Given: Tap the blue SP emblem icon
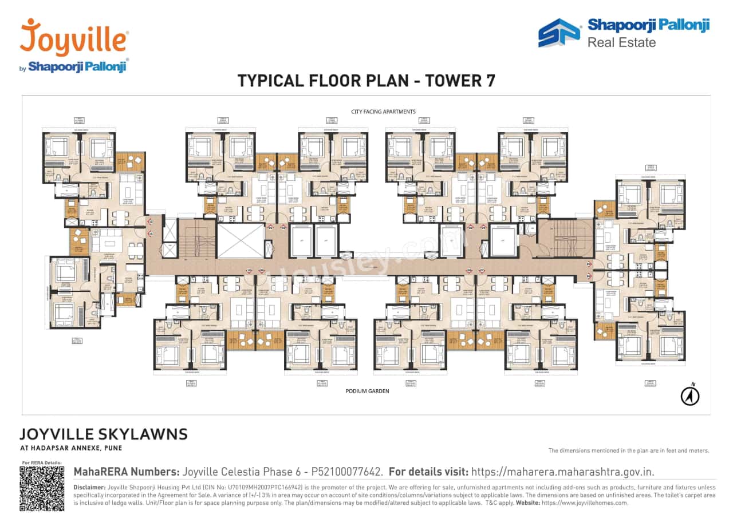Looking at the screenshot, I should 559,33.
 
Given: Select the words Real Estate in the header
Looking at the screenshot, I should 621,42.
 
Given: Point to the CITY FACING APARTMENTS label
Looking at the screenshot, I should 383,112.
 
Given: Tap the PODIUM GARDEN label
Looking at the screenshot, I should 367,391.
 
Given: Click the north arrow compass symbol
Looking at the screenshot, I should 690,396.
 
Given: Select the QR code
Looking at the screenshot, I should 42,488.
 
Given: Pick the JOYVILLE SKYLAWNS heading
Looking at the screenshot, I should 104,434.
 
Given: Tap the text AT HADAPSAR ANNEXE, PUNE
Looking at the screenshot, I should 71,448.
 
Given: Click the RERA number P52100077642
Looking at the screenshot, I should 346,472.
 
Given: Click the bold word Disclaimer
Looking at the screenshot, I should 89,487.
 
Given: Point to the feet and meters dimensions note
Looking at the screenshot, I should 628,450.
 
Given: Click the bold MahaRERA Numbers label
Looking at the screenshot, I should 126,472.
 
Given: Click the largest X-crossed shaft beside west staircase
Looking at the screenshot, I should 240,240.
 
